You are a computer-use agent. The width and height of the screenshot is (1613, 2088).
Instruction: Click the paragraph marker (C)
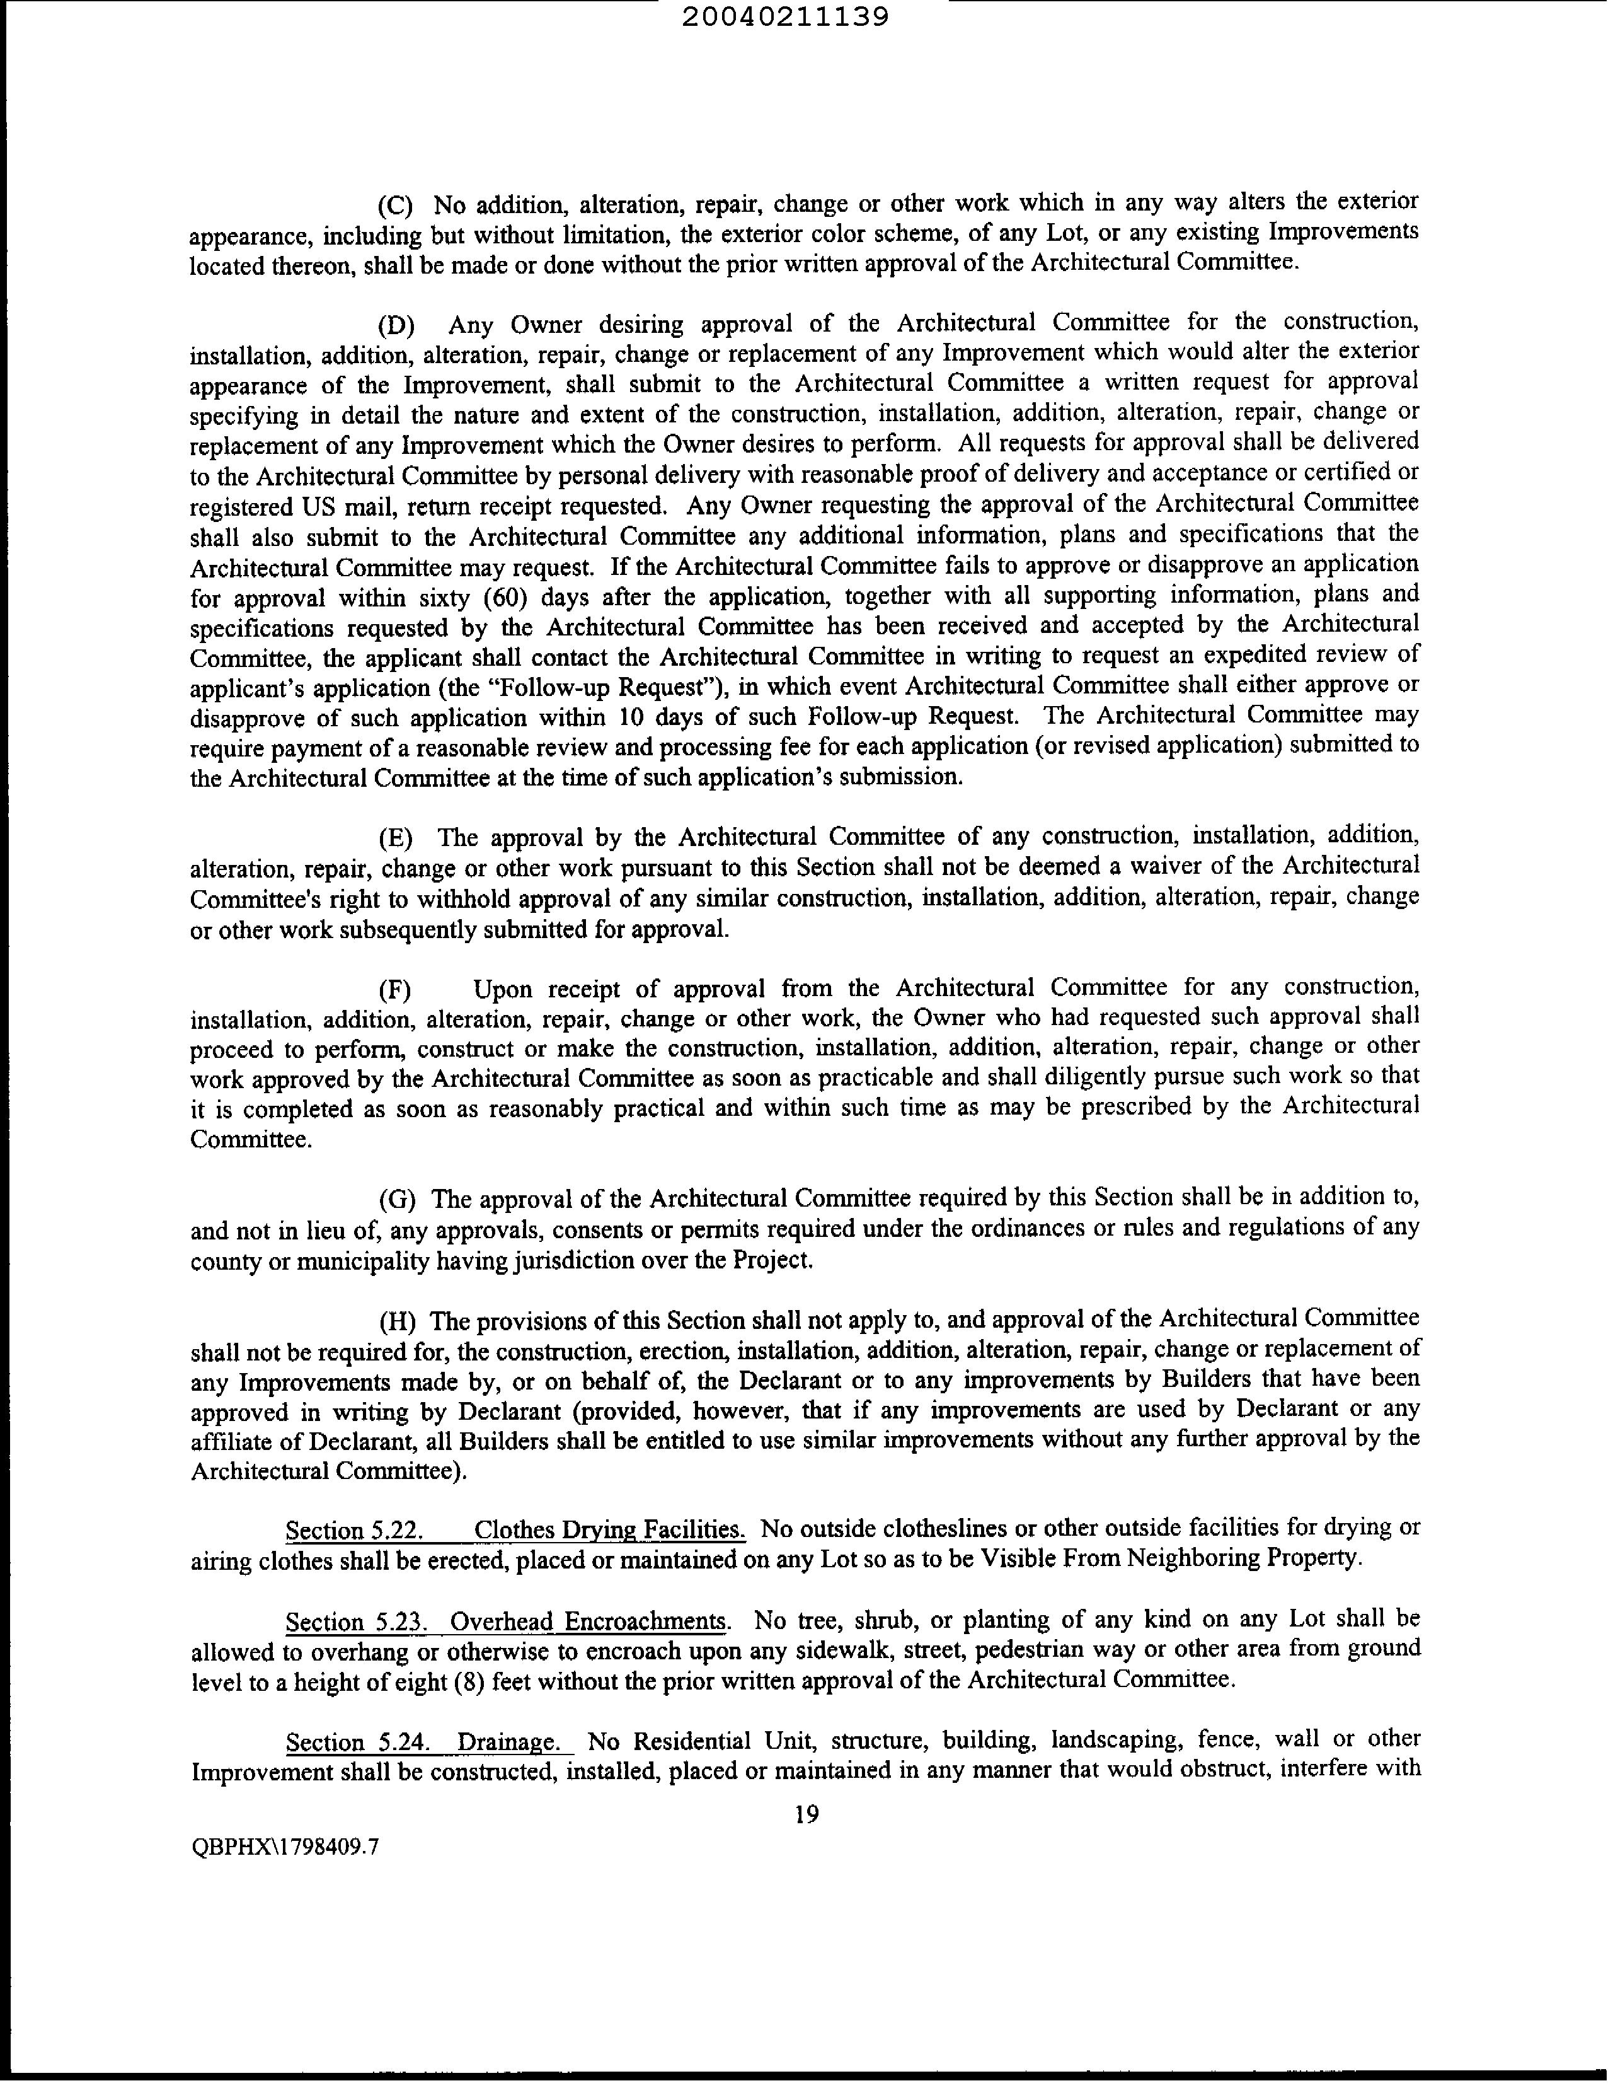pos(394,206)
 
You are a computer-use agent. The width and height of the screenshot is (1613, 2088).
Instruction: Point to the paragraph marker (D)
pos(396,326)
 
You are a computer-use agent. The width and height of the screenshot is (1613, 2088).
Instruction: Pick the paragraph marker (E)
pos(396,838)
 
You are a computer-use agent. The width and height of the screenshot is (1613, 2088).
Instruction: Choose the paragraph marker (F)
pos(394,989)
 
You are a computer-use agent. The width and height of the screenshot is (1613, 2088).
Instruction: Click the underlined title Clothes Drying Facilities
pos(609,1529)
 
